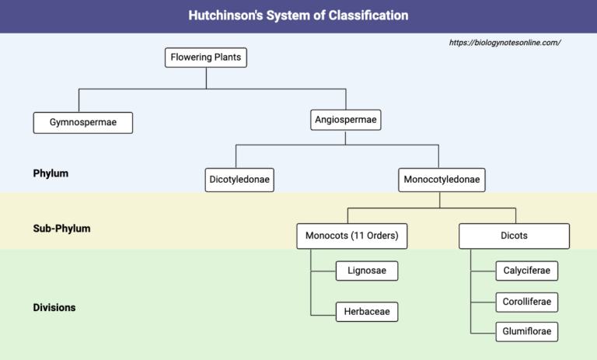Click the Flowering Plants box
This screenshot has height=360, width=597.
click(x=206, y=58)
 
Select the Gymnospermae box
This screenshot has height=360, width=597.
click(x=83, y=122)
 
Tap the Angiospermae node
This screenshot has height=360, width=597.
click(x=346, y=120)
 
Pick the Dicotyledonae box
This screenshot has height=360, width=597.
click(x=239, y=180)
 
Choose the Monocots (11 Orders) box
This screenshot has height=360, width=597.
click(x=352, y=236)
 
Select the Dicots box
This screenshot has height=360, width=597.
click(x=514, y=236)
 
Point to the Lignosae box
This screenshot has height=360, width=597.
click(x=367, y=271)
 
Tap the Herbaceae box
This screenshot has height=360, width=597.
click(x=367, y=312)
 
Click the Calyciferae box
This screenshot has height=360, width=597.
click(x=527, y=271)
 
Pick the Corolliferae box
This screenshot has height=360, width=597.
click(x=527, y=301)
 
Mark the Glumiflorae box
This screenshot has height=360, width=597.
click(x=527, y=331)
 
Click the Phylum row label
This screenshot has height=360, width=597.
click(x=51, y=173)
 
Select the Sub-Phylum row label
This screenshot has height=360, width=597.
click(x=61, y=229)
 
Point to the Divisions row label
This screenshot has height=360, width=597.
click(x=54, y=307)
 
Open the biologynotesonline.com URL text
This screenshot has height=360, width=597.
click(x=504, y=43)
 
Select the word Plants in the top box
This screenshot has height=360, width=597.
click(x=226, y=58)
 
